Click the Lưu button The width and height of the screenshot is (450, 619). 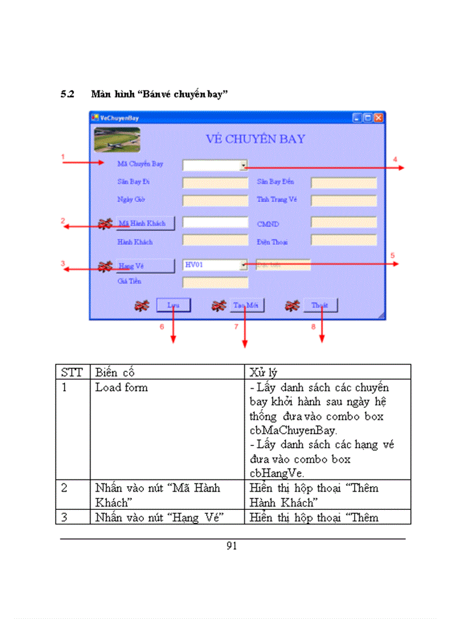173,305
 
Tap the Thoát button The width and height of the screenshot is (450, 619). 320,305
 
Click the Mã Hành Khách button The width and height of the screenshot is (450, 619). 144,223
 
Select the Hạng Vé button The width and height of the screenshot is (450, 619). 144,266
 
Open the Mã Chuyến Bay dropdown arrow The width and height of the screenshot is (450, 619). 243,165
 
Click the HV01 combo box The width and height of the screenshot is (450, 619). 215,265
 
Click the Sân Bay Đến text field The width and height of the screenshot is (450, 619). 344,182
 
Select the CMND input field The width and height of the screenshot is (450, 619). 344,223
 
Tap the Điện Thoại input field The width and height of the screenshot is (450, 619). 344,240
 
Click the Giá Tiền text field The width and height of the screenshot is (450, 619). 215,282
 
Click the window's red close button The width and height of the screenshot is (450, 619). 378,117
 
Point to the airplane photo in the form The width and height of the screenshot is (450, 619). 117,139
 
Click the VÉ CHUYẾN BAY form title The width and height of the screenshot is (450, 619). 255,139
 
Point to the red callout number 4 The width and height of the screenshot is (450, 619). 395,159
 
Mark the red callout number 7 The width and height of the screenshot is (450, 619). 236,326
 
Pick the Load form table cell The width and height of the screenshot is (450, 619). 121,387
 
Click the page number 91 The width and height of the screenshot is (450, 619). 232,546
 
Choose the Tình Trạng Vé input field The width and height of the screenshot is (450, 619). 344,200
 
